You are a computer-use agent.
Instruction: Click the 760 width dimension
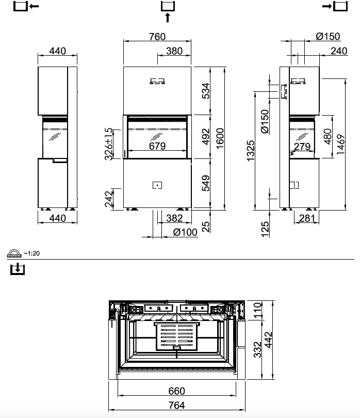(157, 37)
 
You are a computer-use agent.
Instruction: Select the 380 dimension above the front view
(174, 51)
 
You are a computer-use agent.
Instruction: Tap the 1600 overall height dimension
(221, 138)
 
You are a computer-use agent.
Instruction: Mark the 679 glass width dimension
(157, 146)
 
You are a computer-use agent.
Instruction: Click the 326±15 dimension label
(108, 144)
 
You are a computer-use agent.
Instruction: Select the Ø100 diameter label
(185, 232)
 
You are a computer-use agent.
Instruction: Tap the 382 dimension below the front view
(174, 218)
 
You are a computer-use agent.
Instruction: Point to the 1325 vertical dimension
(251, 150)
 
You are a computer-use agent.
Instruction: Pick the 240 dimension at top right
(338, 51)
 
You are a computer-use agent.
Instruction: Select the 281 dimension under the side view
(306, 218)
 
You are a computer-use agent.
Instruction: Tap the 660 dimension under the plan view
(177, 391)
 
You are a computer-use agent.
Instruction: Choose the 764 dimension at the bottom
(177, 406)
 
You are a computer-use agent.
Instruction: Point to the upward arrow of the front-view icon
(167, 18)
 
